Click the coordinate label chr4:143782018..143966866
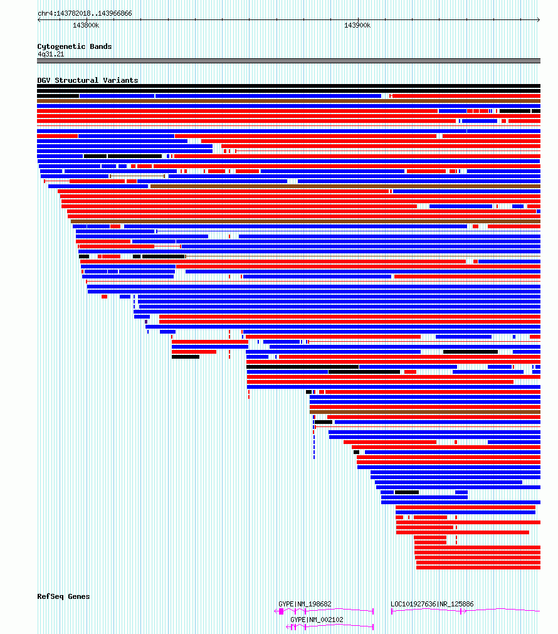coord(85,13)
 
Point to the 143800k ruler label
coord(86,25)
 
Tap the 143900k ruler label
coord(357,25)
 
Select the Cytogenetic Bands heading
coord(75,46)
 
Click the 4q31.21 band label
coord(51,54)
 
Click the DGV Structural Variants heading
coord(88,80)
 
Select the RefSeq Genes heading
coord(63,596)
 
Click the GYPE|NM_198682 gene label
coord(305,604)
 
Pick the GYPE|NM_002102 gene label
coord(317,620)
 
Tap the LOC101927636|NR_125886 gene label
coord(432,604)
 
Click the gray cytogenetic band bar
coord(288,61)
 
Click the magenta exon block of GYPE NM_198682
coord(282,611)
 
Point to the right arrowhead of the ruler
coord(539,19)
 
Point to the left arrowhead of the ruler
coord(39,19)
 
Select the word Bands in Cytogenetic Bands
coord(101,46)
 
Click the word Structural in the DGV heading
coord(76,80)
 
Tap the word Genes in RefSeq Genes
coord(79,596)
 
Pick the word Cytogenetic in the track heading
coord(61,46)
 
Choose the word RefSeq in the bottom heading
coord(51,596)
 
